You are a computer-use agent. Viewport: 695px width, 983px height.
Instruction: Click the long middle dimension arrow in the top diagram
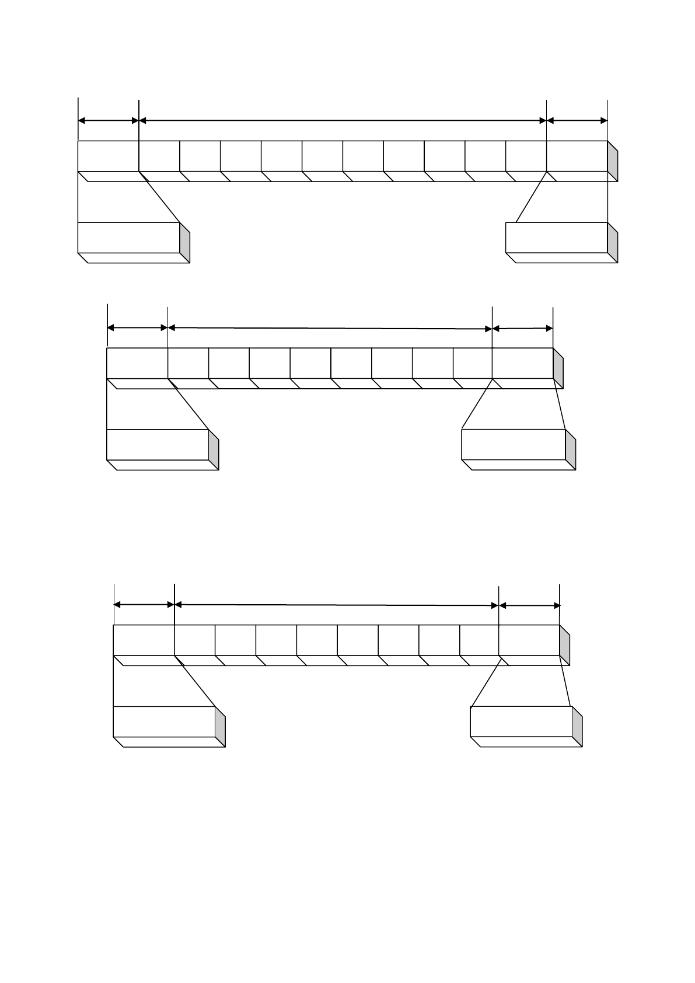pyautogui.click(x=343, y=121)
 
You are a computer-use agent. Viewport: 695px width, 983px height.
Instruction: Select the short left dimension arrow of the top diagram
pyautogui.click(x=109, y=121)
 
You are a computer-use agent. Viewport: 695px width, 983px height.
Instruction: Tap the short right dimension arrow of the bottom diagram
pyautogui.click(x=529, y=606)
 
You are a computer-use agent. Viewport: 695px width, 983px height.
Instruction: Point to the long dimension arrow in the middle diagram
pyautogui.click(x=330, y=329)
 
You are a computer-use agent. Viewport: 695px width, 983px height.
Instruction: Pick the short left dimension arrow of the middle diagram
pyautogui.click(x=138, y=328)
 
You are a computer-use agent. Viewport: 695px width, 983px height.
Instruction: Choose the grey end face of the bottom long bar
pyautogui.click(x=565, y=645)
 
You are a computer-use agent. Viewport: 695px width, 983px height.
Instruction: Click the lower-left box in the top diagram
pyautogui.click(x=128, y=238)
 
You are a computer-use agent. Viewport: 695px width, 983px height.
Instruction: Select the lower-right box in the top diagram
pyautogui.click(x=556, y=238)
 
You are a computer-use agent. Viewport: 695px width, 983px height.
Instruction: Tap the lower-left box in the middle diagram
pyautogui.click(x=158, y=445)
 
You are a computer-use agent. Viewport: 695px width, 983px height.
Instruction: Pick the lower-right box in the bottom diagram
pyautogui.click(x=521, y=721)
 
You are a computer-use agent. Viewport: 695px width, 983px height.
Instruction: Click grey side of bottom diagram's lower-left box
pyautogui.click(x=220, y=727)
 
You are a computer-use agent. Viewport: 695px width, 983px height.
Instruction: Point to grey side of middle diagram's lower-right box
pyautogui.click(x=571, y=450)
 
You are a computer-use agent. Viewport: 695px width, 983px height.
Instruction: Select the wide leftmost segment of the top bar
pyautogui.click(x=108, y=156)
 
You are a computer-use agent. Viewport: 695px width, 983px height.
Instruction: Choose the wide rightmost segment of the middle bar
pyautogui.click(x=522, y=363)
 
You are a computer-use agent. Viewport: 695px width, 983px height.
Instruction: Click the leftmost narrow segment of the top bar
pyautogui.click(x=159, y=156)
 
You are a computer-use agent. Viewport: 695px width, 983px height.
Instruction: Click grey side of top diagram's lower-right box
pyautogui.click(x=613, y=243)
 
